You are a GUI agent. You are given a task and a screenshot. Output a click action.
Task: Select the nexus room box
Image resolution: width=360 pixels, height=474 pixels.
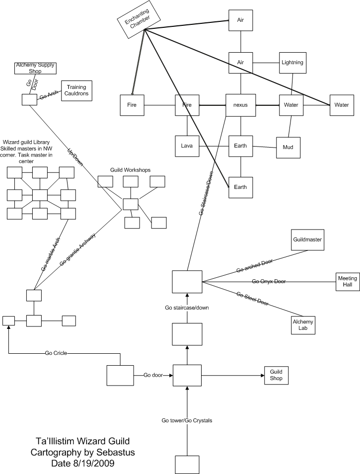[240, 105]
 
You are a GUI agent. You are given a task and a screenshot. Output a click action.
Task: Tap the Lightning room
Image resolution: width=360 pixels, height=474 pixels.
[292, 63]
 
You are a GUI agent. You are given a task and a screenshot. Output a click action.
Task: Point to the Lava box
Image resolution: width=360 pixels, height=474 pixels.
[187, 146]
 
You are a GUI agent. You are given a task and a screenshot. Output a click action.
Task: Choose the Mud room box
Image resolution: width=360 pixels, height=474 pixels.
[288, 148]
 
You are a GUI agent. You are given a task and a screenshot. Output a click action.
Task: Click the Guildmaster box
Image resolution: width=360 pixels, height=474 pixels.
[307, 240]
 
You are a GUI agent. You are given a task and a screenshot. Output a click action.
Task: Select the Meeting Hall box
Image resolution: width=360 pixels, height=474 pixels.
[348, 281]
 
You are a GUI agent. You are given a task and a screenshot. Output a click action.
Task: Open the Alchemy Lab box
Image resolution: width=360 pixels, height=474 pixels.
[303, 325]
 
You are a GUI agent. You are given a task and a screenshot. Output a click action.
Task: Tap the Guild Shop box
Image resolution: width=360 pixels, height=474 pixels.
[276, 375]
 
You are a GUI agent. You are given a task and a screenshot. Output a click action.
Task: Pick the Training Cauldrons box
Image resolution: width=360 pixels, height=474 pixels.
[76, 90]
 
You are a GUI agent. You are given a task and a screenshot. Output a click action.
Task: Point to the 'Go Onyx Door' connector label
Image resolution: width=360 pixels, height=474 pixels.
[269, 281]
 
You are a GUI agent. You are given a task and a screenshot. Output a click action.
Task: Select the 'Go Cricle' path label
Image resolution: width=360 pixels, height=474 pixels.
[56, 353]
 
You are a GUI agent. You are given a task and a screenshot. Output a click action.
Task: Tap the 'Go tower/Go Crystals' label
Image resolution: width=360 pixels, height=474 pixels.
[187, 420]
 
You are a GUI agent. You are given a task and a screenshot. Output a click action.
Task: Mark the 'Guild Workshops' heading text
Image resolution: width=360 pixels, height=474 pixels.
[130, 170]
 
